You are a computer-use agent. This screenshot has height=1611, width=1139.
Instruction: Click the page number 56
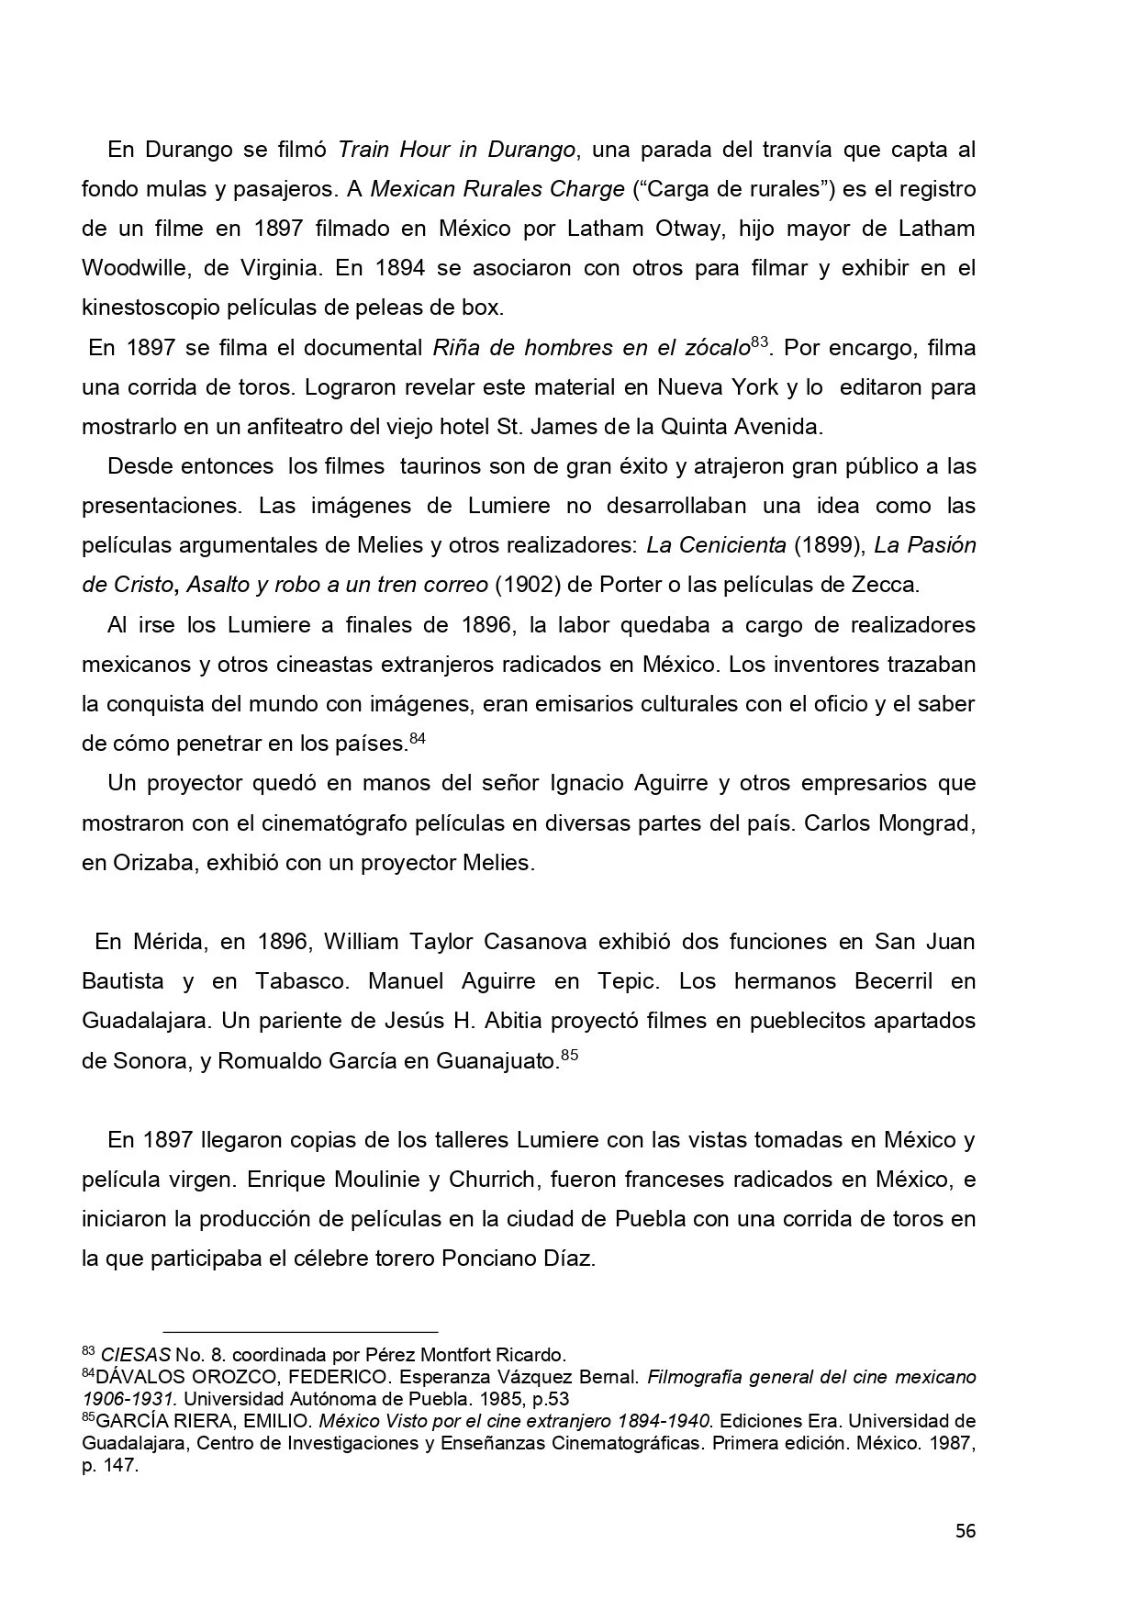click(x=965, y=1531)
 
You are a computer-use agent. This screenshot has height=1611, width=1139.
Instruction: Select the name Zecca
click(x=887, y=585)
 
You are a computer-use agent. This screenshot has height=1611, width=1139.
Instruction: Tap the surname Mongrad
click(x=925, y=822)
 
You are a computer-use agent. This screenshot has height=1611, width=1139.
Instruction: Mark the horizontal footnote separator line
click(x=300, y=1331)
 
